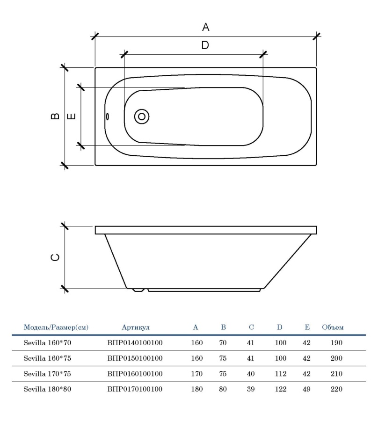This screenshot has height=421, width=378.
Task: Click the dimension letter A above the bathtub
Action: click(x=205, y=27)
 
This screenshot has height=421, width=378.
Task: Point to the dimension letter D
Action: click(x=205, y=45)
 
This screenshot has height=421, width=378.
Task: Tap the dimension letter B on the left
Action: click(x=55, y=116)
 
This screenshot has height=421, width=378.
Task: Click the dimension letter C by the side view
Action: click(x=55, y=257)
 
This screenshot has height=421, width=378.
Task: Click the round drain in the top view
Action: click(x=141, y=116)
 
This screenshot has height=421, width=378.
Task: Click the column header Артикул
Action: click(x=136, y=327)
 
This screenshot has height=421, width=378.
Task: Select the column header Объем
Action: click(x=333, y=327)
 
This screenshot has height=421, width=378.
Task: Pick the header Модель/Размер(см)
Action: click(x=56, y=327)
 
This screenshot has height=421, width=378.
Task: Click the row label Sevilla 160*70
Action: click(x=47, y=343)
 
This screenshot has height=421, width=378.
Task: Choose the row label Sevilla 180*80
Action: click(x=47, y=389)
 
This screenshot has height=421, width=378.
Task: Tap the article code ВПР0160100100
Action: click(x=135, y=374)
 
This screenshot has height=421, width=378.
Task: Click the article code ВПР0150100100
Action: click(x=135, y=358)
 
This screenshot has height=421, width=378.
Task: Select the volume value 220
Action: click(x=336, y=389)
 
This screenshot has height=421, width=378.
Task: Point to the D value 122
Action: click(x=281, y=389)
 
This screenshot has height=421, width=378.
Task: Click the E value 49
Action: click(x=307, y=389)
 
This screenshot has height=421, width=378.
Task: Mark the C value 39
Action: click(x=250, y=389)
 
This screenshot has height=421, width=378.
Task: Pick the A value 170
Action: click(x=197, y=374)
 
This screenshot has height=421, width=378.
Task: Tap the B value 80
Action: click(x=223, y=389)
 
